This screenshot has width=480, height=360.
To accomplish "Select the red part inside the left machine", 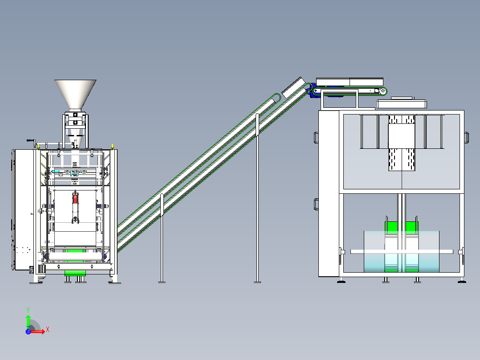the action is point(75,199).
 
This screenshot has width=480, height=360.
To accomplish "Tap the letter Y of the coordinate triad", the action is point(28,310).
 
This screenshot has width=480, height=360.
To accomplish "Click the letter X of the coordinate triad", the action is point(48,330).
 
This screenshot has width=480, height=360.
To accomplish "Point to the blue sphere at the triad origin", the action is point(28,331).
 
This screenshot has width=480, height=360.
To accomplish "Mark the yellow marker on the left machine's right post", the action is point(112,147).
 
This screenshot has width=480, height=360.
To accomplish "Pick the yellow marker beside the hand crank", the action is point(38,147).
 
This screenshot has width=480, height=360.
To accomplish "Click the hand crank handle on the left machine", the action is point(31,141).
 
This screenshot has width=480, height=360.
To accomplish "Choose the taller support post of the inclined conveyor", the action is point(257,198).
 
